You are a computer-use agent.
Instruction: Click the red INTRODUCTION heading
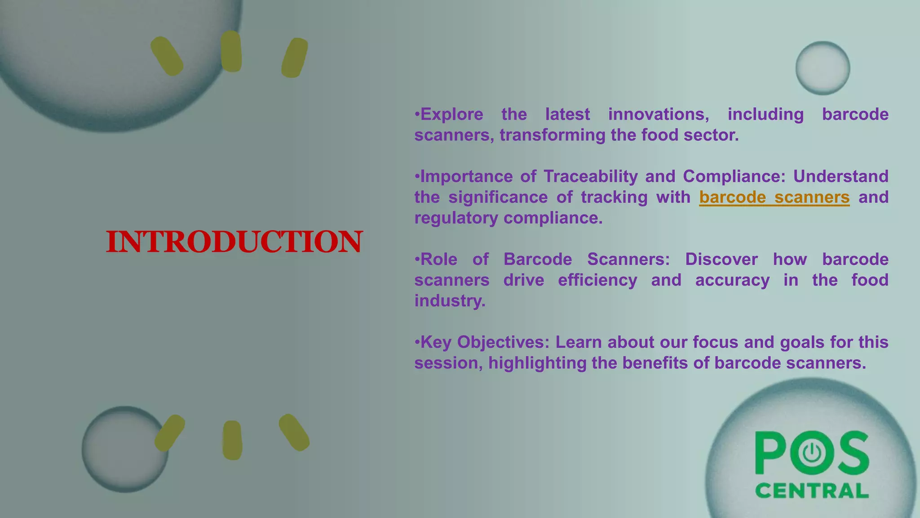tap(234, 242)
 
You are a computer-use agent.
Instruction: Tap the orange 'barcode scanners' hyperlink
tap(774, 197)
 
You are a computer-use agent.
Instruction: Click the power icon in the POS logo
tap(812, 453)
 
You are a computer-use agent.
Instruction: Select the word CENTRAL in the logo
tap(812, 491)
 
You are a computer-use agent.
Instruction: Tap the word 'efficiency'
tap(597, 280)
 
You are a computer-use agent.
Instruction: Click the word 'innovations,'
tap(659, 114)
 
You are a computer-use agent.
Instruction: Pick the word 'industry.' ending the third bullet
tap(450, 301)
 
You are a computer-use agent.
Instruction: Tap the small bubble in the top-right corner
tap(823, 68)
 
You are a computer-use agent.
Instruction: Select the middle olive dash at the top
tap(231, 51)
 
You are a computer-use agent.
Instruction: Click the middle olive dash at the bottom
tap(232, 440)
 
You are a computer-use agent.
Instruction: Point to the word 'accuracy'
tap(732, 280)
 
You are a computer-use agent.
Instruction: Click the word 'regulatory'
tap(456, 218)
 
